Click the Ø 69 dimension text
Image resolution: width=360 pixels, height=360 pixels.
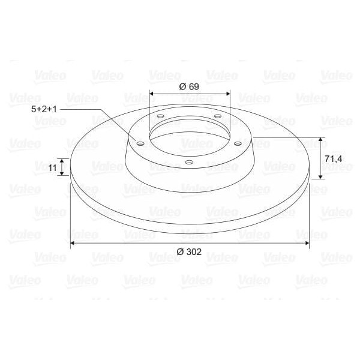click(189, 86)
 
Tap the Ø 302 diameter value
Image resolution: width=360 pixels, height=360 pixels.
click(189, 252)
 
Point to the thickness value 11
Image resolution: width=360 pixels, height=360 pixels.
click(52, 168)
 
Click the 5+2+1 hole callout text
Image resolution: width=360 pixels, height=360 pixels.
click(44, 110)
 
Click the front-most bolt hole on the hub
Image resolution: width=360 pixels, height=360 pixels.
click(189, 162)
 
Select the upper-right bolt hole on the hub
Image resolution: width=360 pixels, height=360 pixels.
click(217, 116)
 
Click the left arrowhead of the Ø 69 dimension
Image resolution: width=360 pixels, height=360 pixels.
click(151, 94)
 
